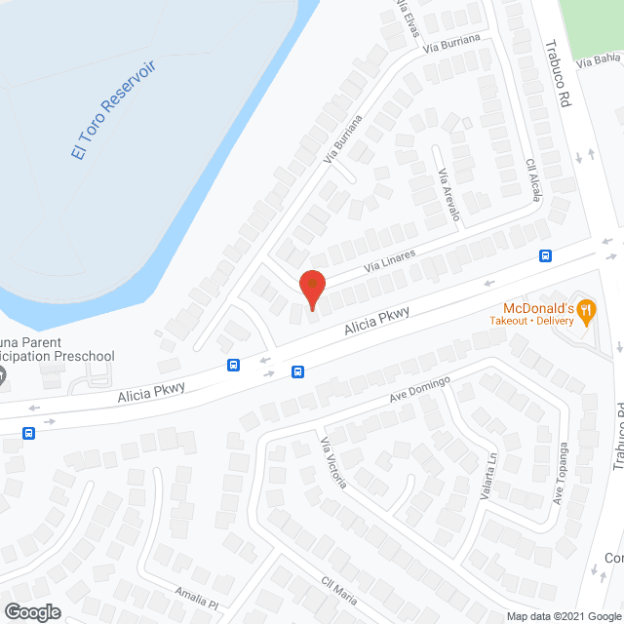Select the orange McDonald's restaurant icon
[585, 311]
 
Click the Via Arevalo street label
[448, 194]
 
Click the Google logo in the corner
[31, 611]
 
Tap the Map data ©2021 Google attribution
[564, 616]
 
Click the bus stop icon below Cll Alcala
[545, 256]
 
